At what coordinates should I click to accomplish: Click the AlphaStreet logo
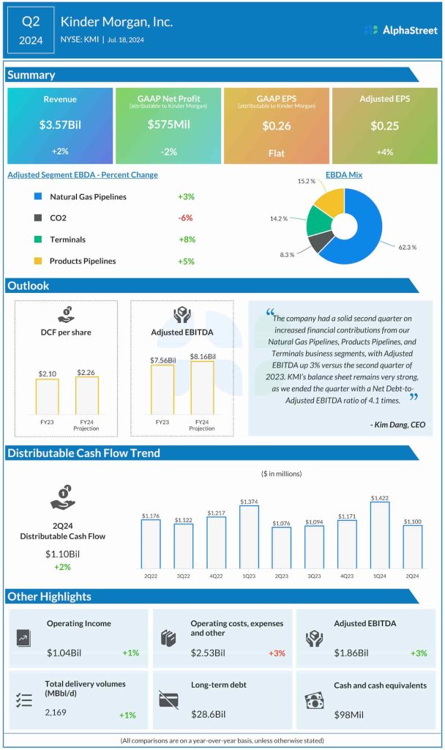coord(400,30)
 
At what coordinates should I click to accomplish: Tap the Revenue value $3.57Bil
coord(60,125)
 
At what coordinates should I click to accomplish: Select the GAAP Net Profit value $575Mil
coord(168,125)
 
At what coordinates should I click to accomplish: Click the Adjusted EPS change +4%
coord(385,152)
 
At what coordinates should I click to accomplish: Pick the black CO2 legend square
coord(38,218)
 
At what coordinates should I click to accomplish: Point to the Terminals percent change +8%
coord(187,240)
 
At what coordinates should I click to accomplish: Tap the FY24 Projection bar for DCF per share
coord(86,395)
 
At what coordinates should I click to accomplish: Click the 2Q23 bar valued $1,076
coord(281,548)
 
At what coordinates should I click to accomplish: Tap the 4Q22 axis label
coord(217,576)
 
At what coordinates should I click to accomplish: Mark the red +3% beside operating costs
coord(277,653)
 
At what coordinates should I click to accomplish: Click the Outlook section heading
coord(29,285)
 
